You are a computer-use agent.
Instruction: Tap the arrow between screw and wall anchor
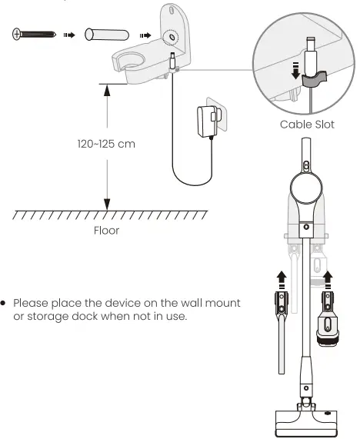point(69,35)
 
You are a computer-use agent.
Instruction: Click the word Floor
point(107,230)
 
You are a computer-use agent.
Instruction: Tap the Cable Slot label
point(308,124)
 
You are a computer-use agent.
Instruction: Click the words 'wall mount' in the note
point(212,303)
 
